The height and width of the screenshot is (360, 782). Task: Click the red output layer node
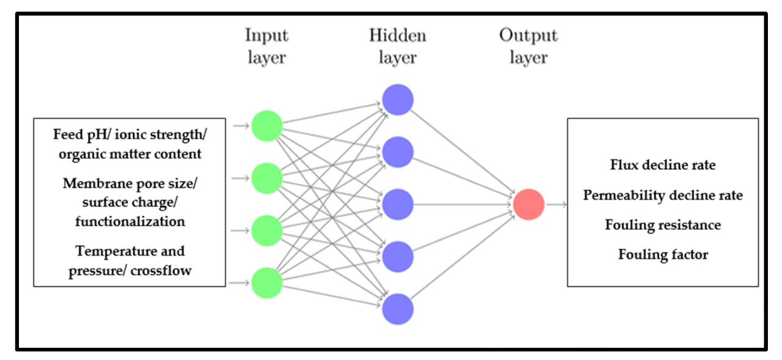pos(528,204)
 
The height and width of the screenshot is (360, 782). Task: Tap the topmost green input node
pos(266,126)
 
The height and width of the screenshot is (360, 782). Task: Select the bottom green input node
pos(266,283)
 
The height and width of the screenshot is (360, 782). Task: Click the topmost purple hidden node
pos(398,100)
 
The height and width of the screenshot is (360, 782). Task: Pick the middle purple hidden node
pos(398,204)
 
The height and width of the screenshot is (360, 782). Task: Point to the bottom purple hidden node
pos(398,309)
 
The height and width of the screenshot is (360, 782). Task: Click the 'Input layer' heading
pos(266,46)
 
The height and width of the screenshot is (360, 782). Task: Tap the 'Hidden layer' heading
pos(398,46)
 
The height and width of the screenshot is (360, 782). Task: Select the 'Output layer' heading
pos(528,46)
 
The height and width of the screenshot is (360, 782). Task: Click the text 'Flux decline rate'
pos(663,165)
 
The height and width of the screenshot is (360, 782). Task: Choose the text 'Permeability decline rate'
pos(663,196)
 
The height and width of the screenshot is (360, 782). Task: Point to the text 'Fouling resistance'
pos(663,226)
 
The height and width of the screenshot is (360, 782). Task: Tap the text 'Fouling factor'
pos(663,255)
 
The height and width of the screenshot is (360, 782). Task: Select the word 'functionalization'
pos(130,222)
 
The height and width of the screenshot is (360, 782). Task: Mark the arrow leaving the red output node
pos(555,204)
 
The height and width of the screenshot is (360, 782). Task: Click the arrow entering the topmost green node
pos(241,126)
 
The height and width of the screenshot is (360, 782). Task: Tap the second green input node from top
pos(266,178)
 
